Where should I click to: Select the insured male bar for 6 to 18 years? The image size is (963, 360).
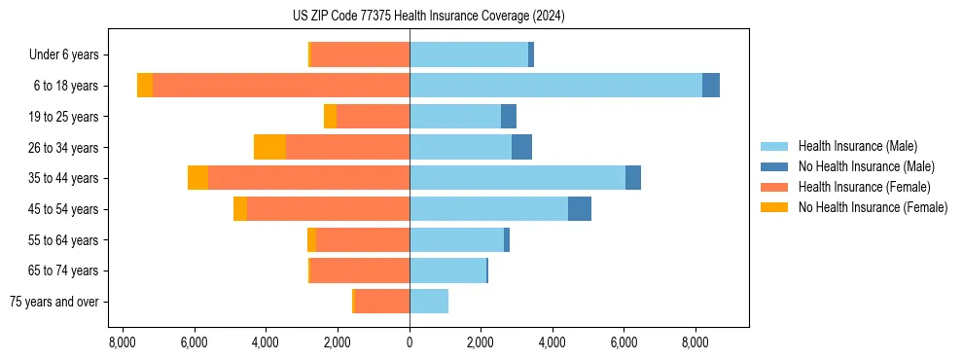click(x=555, y=86)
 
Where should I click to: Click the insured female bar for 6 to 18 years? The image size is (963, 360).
click(x=281, y=86)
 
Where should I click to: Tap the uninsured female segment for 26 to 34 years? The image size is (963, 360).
click(x=269, y=147)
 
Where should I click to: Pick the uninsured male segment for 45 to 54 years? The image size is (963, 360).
click(x=580, y=209)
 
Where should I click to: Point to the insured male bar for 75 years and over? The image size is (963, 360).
click(x=429, y=302)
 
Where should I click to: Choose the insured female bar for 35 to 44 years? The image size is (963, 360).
click(x=308, y=178)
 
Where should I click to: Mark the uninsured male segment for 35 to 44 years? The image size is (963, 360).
click(x=633, y=178)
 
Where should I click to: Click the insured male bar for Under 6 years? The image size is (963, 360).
click(x=469, y=54)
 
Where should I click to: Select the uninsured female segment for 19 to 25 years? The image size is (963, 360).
click(x=331, y=117)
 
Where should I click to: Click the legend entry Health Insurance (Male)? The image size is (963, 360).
click(x=857, y=146)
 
